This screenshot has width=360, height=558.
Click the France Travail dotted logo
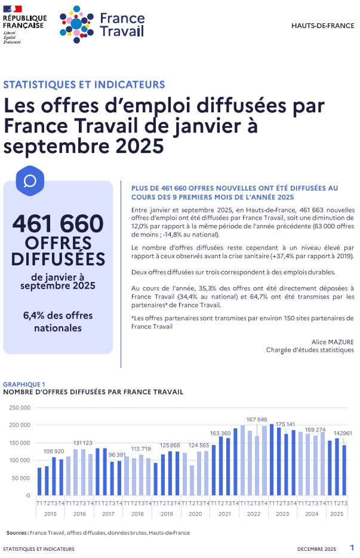[x=76, y=22]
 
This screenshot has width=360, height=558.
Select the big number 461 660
[x=58, y=223]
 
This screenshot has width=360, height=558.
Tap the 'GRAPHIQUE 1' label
[x=24, y=384]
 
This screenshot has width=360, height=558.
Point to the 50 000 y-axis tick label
[x=20, y=478]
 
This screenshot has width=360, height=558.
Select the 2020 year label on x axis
[x=195, y=514]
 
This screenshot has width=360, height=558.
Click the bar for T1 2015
[x=40, y=482]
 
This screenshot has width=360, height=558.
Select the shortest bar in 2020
[x=192, y=480]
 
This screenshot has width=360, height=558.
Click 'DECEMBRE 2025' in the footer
[x=317, y=549]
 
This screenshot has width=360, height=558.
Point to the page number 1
[x=352, y=548]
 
